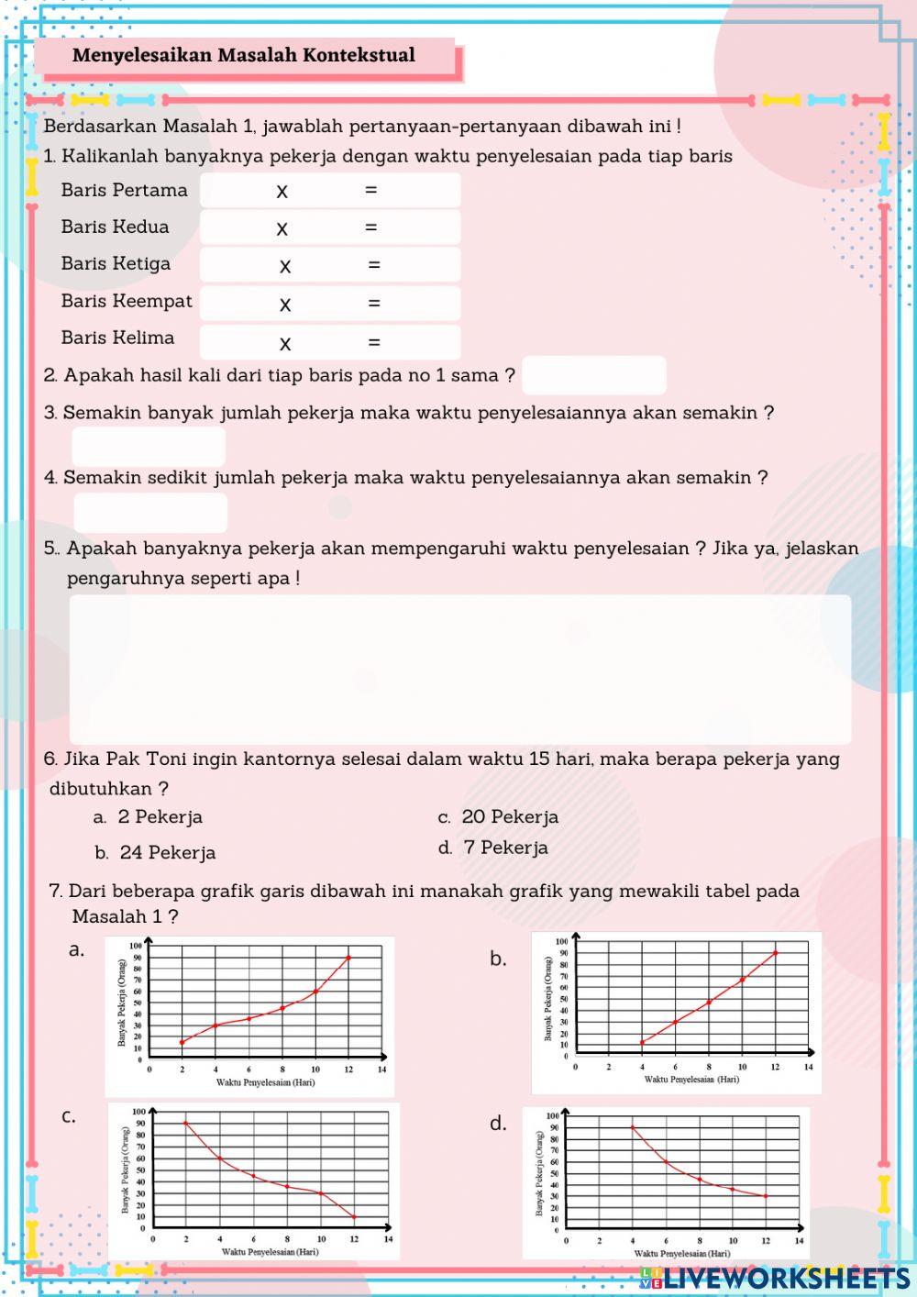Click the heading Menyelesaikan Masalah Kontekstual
244,56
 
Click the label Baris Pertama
124,191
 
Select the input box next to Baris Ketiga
330,265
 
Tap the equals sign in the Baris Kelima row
374,342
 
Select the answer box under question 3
149,447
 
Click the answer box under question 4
150,513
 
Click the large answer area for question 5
459,669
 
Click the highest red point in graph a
348,958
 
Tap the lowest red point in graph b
642,1042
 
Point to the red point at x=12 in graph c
354,1217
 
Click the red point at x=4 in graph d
632,1127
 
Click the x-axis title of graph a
265,1082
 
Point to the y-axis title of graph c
126,1170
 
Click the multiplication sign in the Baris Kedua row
282,228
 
